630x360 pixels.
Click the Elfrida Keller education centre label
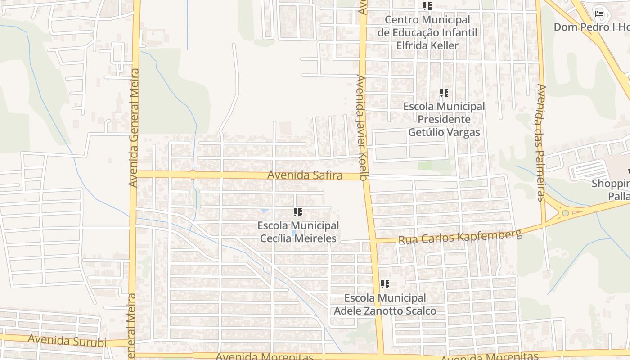click(427, 32)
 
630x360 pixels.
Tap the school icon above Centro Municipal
click(427, 7)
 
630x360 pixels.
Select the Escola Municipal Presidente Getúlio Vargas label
click(444, 119)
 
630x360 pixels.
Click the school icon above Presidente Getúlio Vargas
click(444, 94)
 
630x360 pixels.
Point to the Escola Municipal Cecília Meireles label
click(298, 232)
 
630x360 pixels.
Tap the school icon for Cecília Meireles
click(298, 212)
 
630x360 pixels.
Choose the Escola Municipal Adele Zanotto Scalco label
click(385, 304)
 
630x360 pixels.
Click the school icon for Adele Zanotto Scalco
click(385, 284)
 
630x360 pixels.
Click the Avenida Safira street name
click(305, 175)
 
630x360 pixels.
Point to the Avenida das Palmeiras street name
click(542, 142)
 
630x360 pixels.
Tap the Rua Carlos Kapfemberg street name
click(460, 237)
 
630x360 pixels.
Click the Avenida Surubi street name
click(67, 341)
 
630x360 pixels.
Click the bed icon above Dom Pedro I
click(599, 13)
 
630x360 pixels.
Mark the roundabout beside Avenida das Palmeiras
click(565, 213)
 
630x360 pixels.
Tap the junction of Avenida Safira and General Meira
click(135, 174)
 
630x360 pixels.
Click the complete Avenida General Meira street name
click(134, 128)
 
